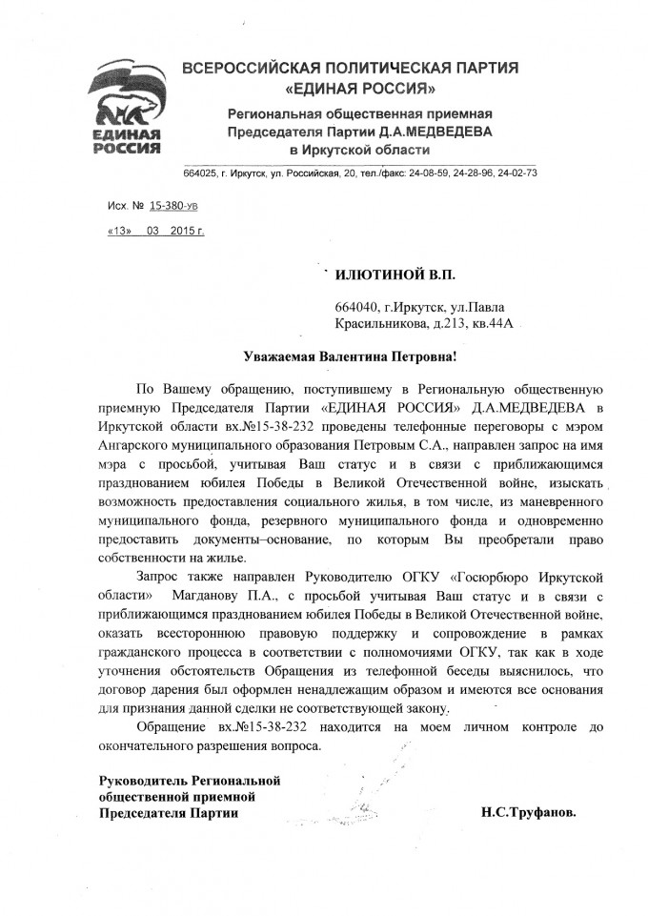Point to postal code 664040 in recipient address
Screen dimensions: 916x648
tap(354, 308)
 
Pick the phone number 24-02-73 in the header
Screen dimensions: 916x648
tap(519, 173)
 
